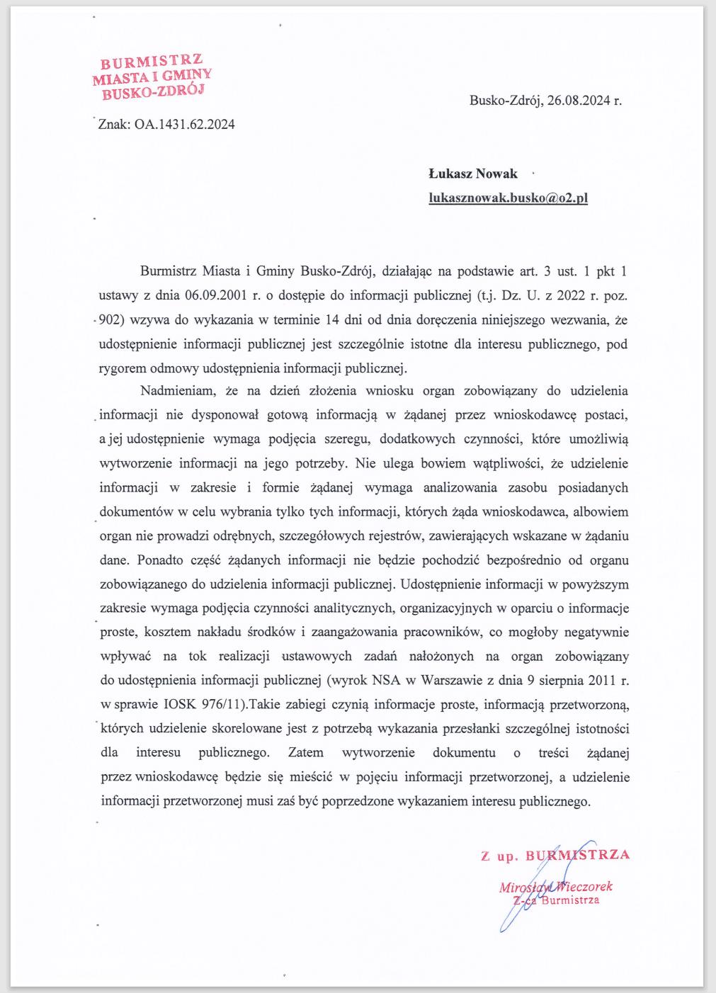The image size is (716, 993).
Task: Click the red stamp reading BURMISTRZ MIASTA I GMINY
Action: (151, 76)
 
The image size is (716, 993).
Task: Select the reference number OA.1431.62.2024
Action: (185, 125)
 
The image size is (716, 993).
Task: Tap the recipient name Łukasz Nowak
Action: (473, 174)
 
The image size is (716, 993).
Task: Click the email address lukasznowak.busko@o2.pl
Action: (508, 198)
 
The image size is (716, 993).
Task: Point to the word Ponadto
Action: (160, 560)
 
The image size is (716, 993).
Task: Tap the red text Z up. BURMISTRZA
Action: (555, 856)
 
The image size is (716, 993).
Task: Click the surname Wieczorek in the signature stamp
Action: (584, 886)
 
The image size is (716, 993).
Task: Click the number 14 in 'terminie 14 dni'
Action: (331, 319)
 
